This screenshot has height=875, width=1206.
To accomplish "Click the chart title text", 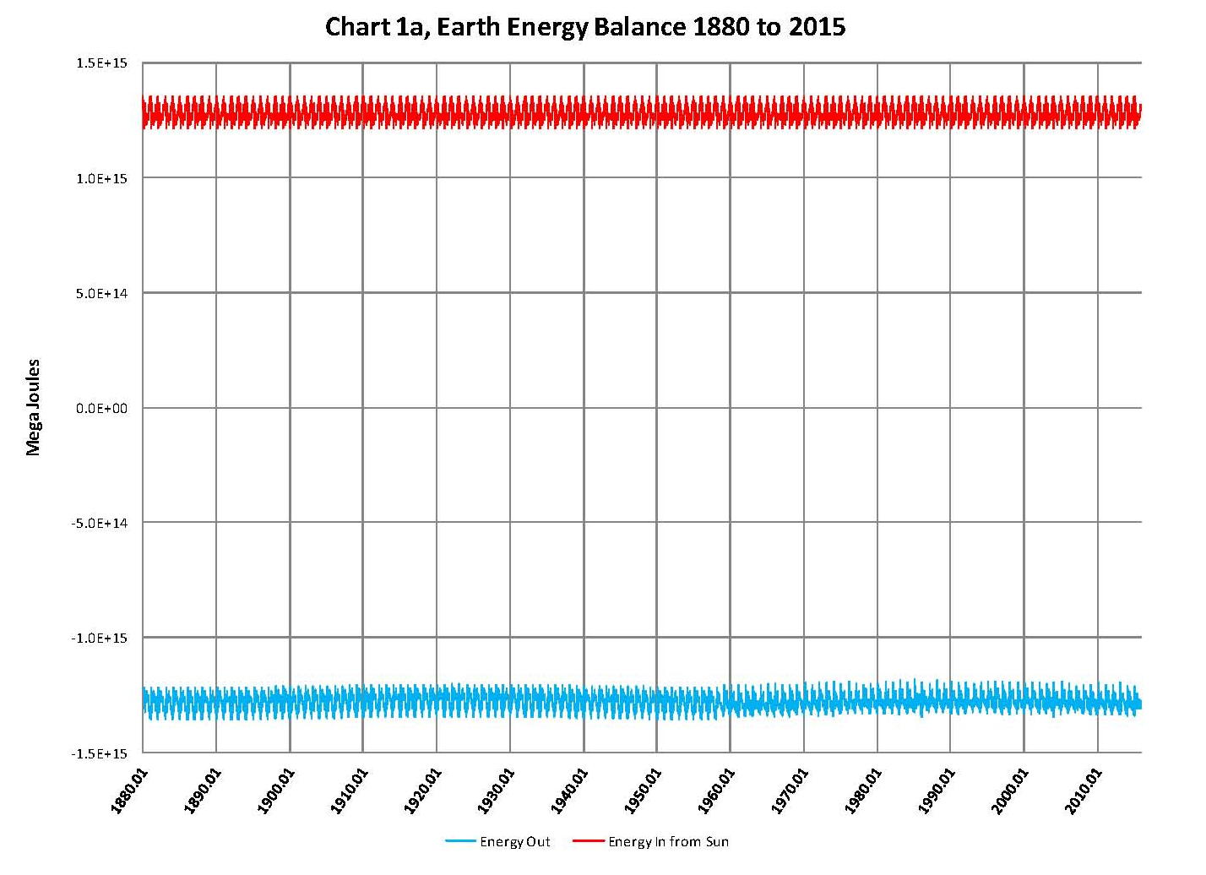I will point(585,27).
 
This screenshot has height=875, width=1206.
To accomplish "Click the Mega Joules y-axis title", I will point(34,408).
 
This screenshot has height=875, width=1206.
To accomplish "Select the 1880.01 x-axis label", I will point(128,791).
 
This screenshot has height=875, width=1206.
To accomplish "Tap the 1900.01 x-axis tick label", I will point(274,791).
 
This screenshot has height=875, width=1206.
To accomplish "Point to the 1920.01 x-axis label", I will point(421,791).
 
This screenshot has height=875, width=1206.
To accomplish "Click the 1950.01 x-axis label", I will point(642,791).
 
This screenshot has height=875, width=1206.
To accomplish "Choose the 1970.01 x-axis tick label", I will point(789,791).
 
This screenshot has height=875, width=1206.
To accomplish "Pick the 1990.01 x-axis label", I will point(936,791).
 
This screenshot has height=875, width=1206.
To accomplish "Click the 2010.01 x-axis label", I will point(1083,791).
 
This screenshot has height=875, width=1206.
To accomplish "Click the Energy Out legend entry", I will point(514,841).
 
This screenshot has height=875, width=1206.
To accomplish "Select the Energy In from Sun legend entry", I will point(668,841).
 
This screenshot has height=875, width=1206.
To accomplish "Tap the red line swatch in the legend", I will point(588,841).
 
